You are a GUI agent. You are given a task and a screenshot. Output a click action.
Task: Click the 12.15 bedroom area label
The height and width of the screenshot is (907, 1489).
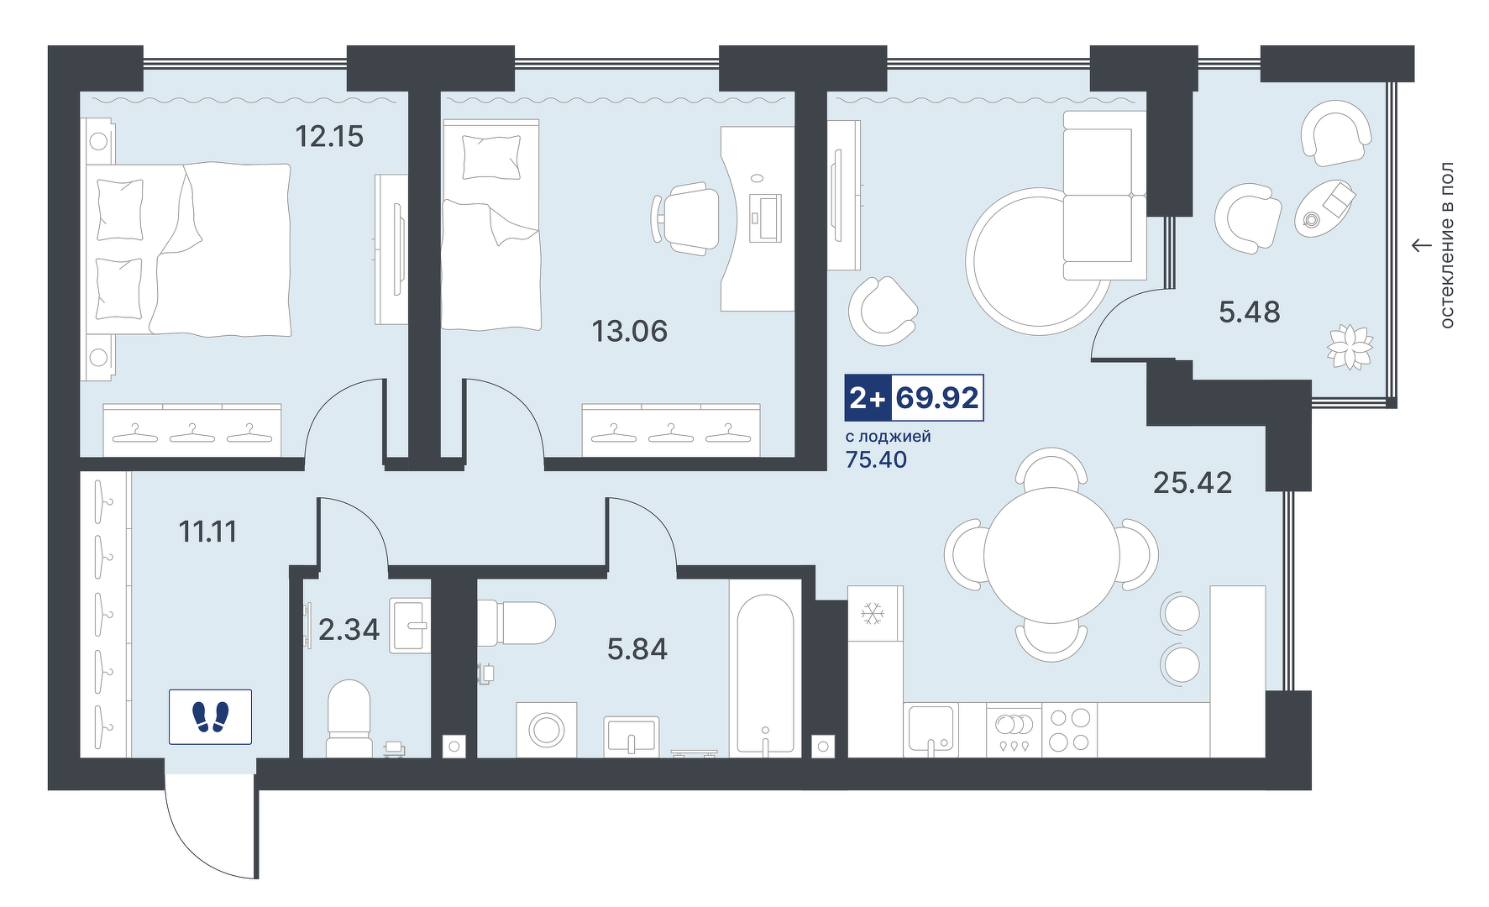pos(329,136)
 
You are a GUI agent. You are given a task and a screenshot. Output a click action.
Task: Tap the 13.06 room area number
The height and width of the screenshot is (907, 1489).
pos(630,331)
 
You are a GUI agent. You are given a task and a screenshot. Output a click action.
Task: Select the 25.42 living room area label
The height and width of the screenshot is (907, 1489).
pos(1193,482)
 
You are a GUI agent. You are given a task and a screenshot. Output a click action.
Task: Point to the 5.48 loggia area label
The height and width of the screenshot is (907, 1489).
pos(1250,312)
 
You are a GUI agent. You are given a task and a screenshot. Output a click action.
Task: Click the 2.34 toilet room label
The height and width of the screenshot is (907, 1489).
pos(349,629)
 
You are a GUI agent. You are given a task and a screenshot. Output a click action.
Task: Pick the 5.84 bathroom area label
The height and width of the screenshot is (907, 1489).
pos(637,649)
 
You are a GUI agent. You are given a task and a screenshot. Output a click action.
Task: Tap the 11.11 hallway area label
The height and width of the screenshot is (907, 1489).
pos(207,532)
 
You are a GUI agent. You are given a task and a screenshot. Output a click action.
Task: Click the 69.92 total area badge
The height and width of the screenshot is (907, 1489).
pos(937,397)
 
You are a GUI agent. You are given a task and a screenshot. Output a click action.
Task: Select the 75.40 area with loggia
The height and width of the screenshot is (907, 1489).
pos(876,459)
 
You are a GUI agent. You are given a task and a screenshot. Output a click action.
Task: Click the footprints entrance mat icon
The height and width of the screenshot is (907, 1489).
pos(210,716)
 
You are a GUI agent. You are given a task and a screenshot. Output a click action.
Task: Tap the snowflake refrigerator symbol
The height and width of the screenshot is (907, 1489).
pos(873,614)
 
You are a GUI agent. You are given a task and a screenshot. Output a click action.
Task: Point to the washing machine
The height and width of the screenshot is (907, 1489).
pos(546,729)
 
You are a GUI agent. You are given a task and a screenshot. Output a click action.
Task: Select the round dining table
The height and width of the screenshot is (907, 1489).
pos(1051,556)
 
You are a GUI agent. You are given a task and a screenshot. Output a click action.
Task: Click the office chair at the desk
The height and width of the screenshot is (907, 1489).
pos(685,218)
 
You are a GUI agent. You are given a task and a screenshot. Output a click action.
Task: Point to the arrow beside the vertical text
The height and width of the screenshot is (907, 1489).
pos(1420,245)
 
